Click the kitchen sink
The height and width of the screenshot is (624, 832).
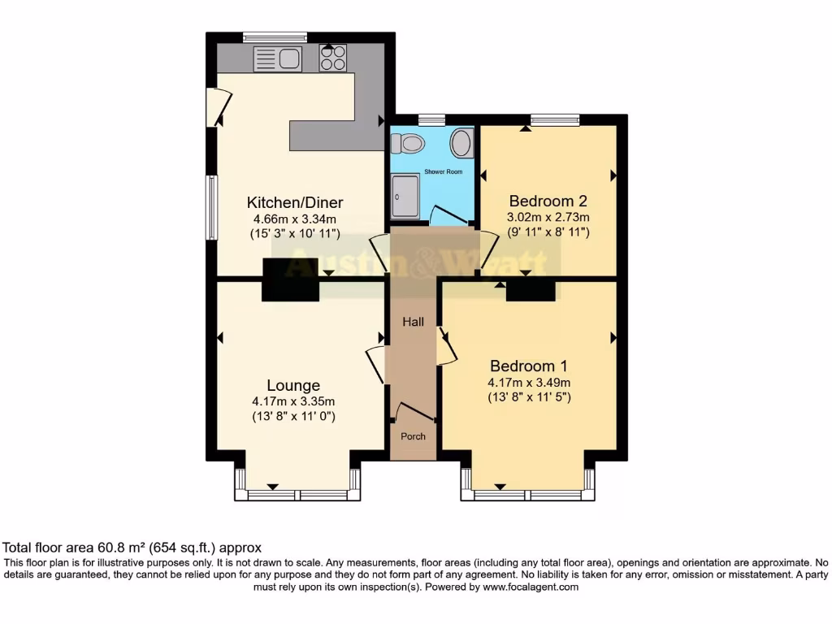click(277, 58)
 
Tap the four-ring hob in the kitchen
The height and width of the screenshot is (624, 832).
click(332, 58)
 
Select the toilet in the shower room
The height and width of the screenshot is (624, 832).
click(409, 144)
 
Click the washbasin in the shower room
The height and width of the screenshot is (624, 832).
click(461, 144)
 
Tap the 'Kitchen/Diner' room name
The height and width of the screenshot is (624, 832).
click(295, 202)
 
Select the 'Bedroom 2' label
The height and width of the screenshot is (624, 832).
click(548, 201)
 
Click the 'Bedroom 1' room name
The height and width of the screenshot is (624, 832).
click(528, 366)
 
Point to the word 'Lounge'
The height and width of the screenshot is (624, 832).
click(293, 385)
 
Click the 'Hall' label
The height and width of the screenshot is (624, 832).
click(414, 323)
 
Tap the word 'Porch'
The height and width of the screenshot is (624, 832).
click(414, 436)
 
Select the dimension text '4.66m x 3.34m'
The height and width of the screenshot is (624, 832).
click(294, 219)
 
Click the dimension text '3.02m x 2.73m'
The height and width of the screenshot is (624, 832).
click(548, 217)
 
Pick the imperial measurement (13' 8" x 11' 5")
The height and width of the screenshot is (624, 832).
click(529, 398)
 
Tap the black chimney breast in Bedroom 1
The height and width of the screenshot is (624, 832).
click(530, 290)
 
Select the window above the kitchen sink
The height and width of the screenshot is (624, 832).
click(275, 37)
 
